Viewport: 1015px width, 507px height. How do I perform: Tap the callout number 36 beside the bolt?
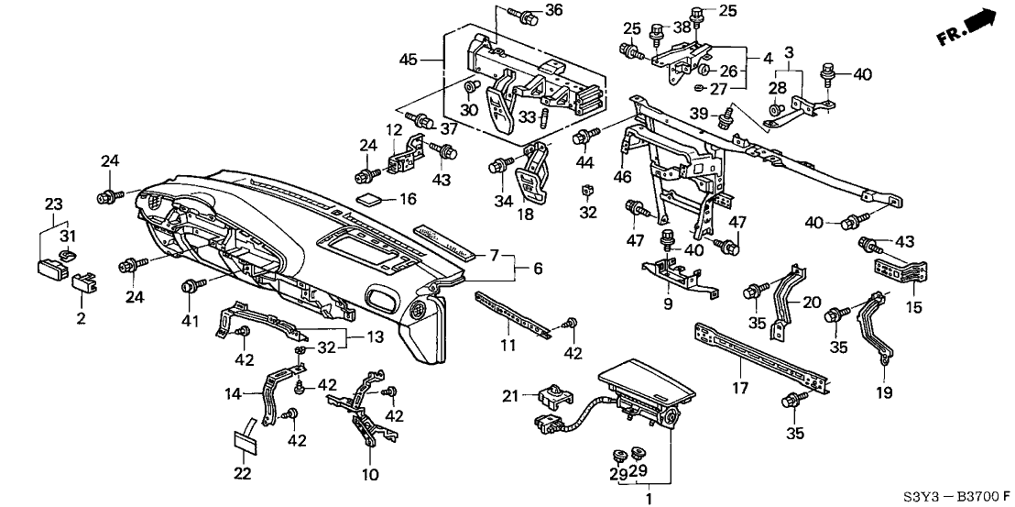[553, 10]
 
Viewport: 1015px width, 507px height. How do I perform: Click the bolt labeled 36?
[529, 16]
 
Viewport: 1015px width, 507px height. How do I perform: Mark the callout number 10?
[369, 476]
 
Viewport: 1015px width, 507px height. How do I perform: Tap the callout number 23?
[53, 204]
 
